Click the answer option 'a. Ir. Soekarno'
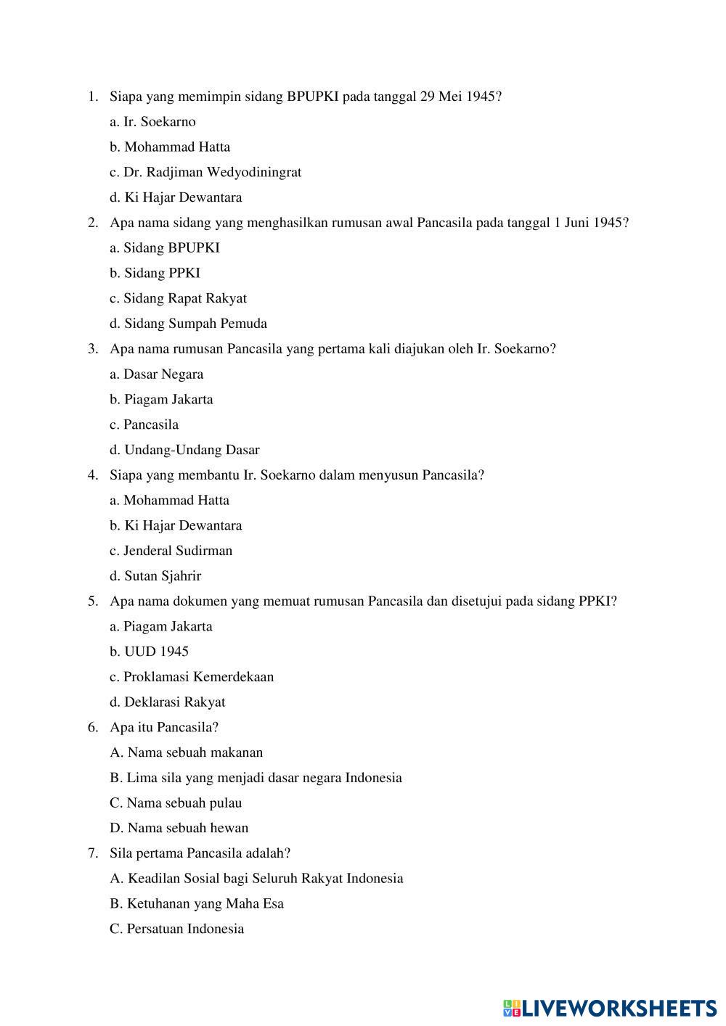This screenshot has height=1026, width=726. (x=152, y=122)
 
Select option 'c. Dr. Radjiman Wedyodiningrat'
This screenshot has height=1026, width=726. (x=205, y=172)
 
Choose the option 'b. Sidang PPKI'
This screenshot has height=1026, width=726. (x=155, y=273)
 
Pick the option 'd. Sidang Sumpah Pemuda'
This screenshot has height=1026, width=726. (x=188, y=324)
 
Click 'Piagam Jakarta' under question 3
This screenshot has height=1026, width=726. (x=161, y=399)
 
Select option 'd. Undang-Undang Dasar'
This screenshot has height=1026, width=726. (x=184, y=450)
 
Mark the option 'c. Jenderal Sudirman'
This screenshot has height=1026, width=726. (x=171, y=551)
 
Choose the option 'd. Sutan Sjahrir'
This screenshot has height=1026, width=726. (x=155, y=576)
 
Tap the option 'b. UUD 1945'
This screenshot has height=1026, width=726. (x=149, y=652)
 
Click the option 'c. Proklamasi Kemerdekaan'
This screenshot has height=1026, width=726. (x=192, y=677)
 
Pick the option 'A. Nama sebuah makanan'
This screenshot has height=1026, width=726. (x=186, y=752)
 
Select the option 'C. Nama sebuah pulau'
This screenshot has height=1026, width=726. (x=176, y=803)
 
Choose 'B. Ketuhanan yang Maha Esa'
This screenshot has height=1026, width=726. (x=196, y=903)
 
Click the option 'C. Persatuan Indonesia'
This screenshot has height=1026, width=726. (x=176, y=929)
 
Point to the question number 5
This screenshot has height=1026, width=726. (x=93, y=602)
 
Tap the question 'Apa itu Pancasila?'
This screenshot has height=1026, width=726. (x=164, y=727)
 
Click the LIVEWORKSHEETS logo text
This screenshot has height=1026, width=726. (x=619, y=1008)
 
